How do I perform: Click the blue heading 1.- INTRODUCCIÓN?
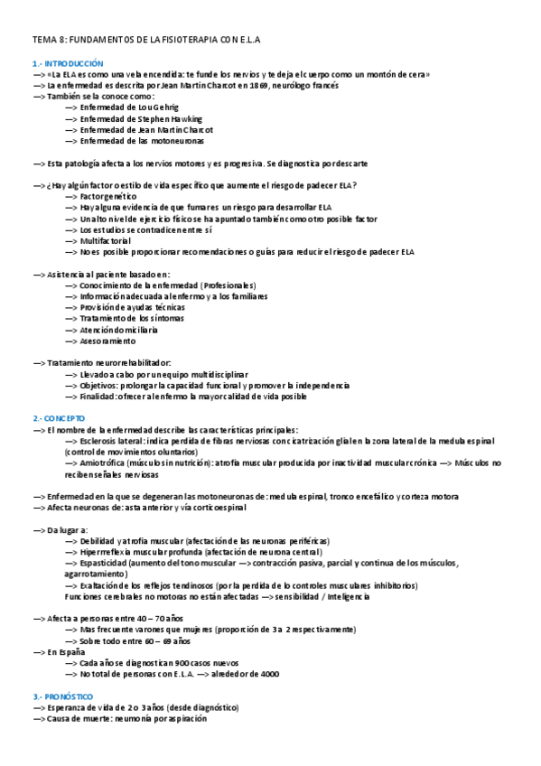click(x=69, y=63)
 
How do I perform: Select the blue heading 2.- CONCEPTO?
click(x=59, y=419)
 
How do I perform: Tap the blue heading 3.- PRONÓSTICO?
click(x=63, y=697)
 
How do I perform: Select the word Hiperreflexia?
click(x=107, y=552)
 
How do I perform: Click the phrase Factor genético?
click(x=107, y=196)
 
